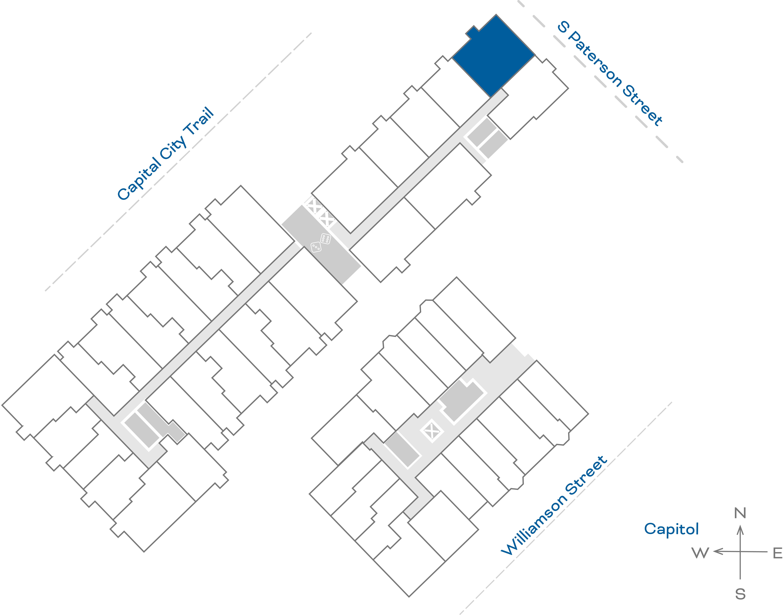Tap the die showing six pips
(325, 238)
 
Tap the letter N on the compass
(740, 513)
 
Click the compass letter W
(700, 553)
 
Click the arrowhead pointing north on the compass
(740, 530)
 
